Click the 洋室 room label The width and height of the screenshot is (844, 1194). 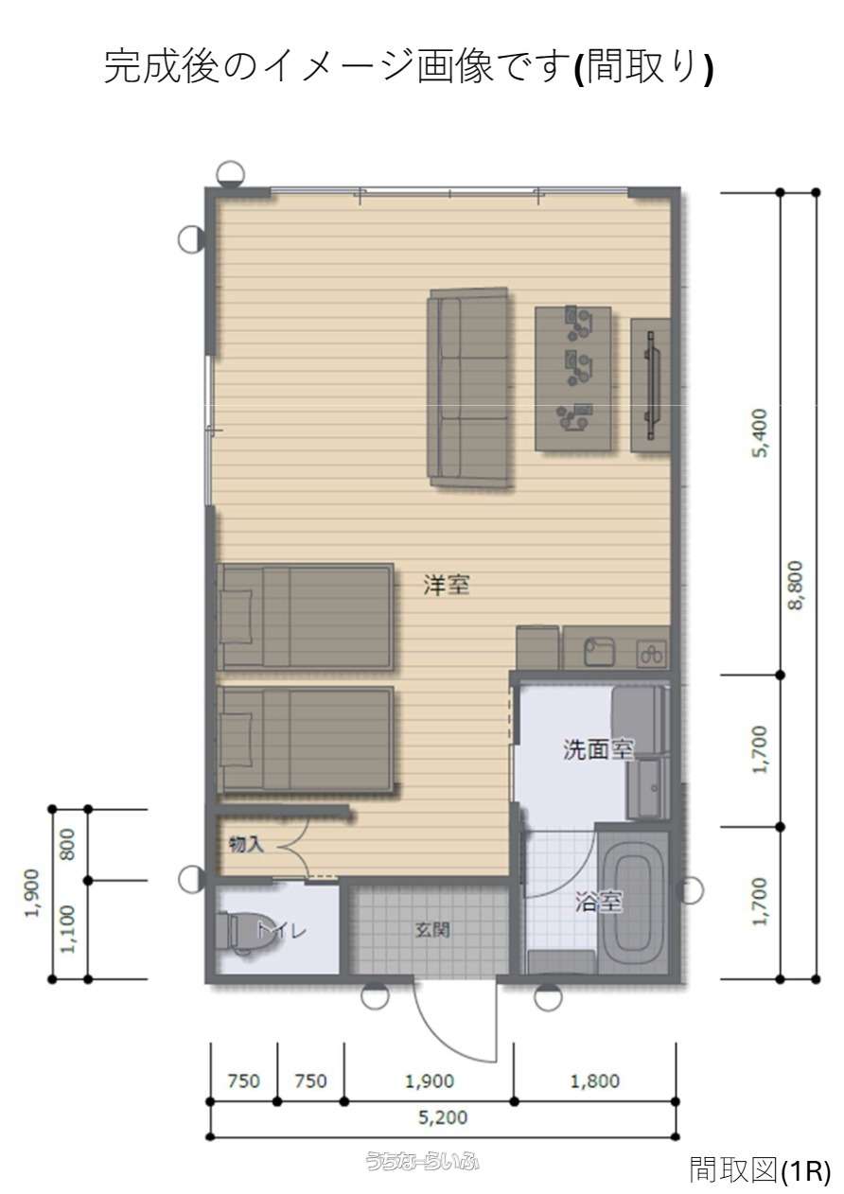(447, 585)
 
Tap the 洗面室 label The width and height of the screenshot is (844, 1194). (599, 749)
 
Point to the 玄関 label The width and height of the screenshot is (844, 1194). (432, 930)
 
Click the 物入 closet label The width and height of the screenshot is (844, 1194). (246, 845)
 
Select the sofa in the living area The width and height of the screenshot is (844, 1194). (468, 386)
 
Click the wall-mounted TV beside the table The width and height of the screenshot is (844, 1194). (651, 385)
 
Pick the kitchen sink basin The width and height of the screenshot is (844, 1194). (600, 652)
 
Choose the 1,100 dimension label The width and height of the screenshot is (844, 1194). (68, 929)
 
